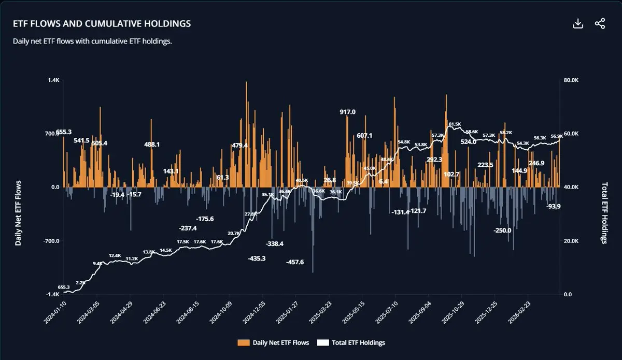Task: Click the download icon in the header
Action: click(x=578, y=24)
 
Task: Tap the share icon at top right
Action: click(x=600, y=24)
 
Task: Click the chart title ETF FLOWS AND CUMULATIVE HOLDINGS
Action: click(x=102, y=24)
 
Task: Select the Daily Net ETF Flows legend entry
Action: click(x=273, y=342)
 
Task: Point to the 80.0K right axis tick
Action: click(x=570, y=80)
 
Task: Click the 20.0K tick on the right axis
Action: click(x=570, y=241)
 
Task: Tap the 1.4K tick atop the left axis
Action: click(x=54, y=80)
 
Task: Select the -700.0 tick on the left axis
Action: click(x=51, y=241)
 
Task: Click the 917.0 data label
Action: click(x=348, y=112)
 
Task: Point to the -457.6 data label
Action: click(x=295, y=262)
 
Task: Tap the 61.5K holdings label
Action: click(x=455, y=124)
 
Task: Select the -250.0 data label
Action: click(x=502, y=231)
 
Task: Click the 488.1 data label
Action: click(x=152, y=145)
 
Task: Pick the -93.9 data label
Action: click(x=554, y=206)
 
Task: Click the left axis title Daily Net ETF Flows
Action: click(x=19, y=213)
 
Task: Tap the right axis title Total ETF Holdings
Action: click(x=604, y=213)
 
